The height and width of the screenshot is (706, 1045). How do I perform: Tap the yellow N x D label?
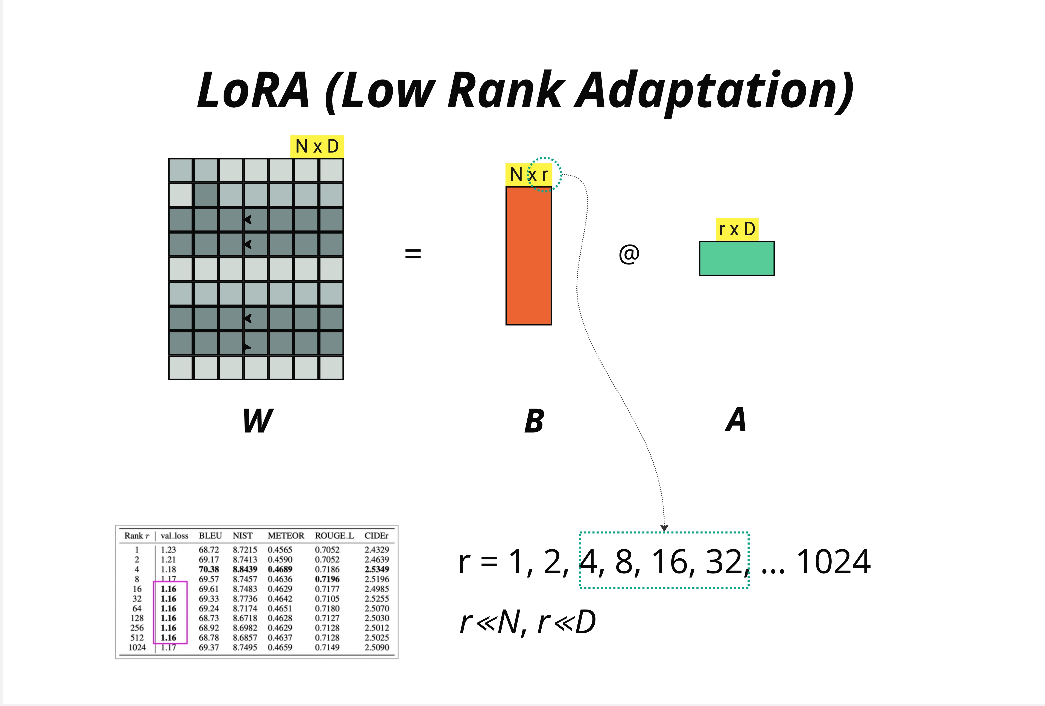pos(317,146)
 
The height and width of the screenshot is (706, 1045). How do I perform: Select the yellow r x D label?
pos(737,229)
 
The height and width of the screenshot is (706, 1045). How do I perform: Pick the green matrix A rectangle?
pos(737,258)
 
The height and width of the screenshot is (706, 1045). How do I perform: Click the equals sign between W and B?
pos(413,254)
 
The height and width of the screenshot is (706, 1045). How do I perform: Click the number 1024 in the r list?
pos(833,562)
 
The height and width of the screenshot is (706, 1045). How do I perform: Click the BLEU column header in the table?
pos(210,535)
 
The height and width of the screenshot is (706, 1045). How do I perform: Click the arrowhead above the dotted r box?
pos(664,528)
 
